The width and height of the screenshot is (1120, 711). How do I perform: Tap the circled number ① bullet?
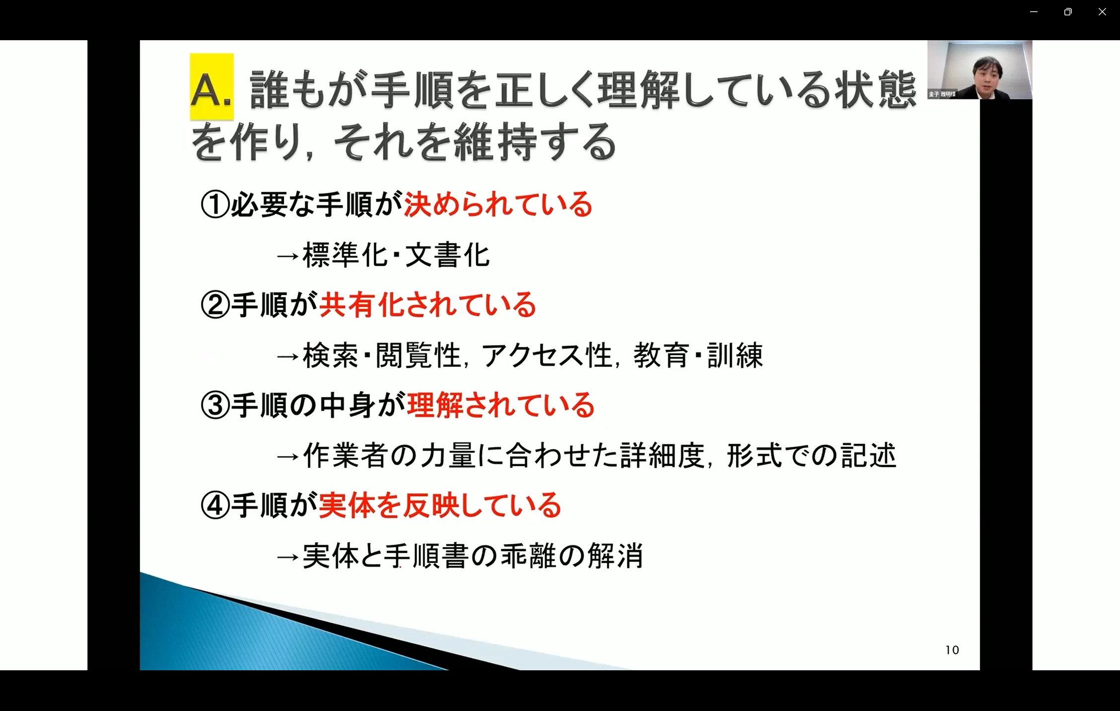click(215, 205)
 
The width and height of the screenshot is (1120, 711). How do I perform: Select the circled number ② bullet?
click(215, 305)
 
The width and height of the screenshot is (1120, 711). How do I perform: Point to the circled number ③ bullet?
click(215, 405)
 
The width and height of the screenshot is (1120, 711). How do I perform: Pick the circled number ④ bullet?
click(215, 505)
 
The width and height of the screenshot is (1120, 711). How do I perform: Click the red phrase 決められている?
click(498, 205)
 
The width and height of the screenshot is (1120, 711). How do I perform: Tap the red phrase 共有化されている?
click(427, 305)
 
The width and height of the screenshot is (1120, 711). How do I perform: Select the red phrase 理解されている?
click(500, 405)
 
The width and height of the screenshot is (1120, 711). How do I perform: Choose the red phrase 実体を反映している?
click(440, 505)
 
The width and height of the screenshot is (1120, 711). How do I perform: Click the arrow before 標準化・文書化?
click(288, 257)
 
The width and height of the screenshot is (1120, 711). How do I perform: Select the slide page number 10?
click(952, 650)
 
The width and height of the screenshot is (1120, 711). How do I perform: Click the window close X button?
click(1102, 11)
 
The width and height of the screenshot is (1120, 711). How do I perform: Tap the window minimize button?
click(1034, 11)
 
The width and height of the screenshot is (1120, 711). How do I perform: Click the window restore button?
click(1068, 11)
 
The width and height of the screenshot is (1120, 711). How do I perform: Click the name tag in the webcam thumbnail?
click(942, 94)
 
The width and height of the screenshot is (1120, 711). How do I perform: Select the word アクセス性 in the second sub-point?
click(547, 355)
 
